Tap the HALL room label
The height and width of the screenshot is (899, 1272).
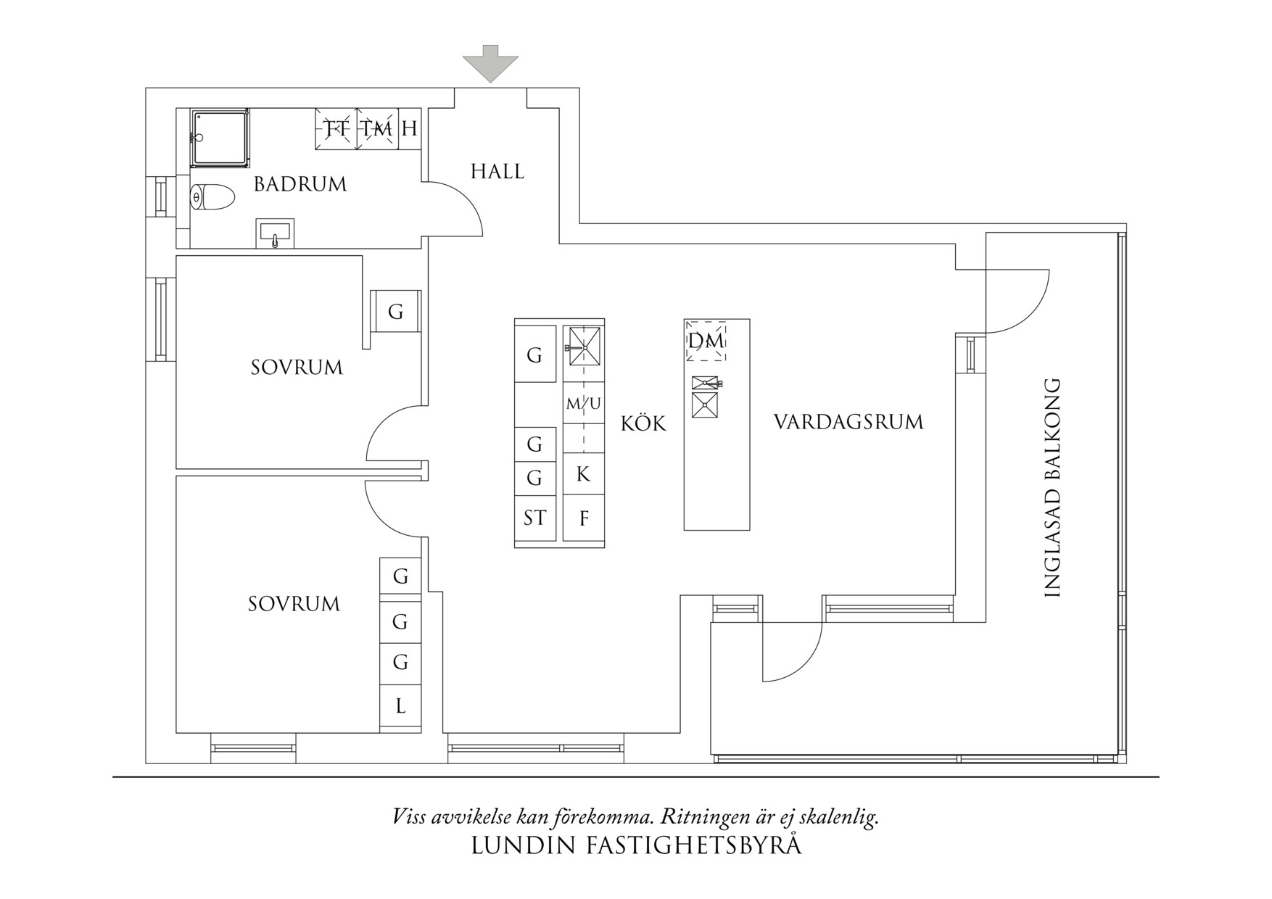(x=497, y=172)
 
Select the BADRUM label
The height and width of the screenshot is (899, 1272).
(x=300, y=184)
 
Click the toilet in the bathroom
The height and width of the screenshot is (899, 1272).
(x=212, y=196)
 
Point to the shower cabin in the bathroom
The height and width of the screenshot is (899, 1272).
(x=219, y=138)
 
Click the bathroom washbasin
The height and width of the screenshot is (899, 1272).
(x=275, y=233)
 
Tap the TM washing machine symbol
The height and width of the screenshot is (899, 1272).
(x=378, y=129)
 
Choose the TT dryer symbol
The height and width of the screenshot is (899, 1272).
(x=336, y=129)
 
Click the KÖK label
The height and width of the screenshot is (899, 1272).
(x=643, y=423)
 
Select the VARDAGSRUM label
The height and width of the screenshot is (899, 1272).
(x=848, y=422)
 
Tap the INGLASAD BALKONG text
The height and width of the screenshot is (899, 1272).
(x=1052, y=487)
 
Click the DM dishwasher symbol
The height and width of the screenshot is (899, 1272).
(x=706, y=341)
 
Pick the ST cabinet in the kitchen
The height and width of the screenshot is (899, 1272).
(x=535, y=518)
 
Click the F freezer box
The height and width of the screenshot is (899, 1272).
(x=584, y=518)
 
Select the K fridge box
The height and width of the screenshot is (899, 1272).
(x=583, y=474)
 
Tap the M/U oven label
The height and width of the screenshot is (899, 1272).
(x=583, y=404)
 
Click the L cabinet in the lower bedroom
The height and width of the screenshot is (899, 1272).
(x=400, y=706)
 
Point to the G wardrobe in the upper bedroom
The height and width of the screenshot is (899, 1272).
(x=395, y=312)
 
